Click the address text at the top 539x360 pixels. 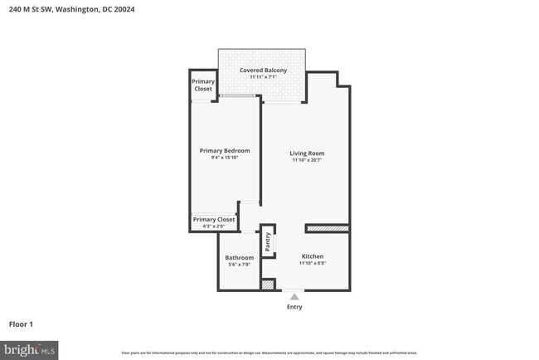pyautogui.click(x=72, y=10)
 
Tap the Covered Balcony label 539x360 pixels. pyautogui.click(x=263, y=71)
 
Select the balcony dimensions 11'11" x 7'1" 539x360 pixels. pyautogui.click(x=263, y=77)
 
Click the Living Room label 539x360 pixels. pyautogui.click(x=306, y=153)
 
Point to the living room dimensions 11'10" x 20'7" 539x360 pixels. pyautogui.click(x=306, y=160)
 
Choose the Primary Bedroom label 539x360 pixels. pyautogui.click(x=224, y=150)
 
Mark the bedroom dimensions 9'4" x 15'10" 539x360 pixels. pyautogui.click(x=224, y=158)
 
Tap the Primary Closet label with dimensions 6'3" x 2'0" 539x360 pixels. pyautogui.click(x=214, y=219)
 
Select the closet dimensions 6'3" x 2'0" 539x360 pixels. pyautogui.click(x=214, y=226)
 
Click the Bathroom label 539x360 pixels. pyautogui.click(x=240, y=257)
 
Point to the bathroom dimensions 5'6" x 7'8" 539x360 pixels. pyautogui.click(x=240, y=265)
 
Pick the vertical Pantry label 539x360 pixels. pyautogui.click(x=268, y=241)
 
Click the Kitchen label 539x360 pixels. pyautogui.click(x=313, y=256)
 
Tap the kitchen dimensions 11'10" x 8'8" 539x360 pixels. pyautogui.click(x=313, y=264)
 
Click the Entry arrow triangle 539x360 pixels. pyautogui.click(x=294, y=295)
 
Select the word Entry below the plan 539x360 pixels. pyautogui.click(x=294, y=307)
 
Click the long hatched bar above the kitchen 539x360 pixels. pyautogui.click(x=327, y=228)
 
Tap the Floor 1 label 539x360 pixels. pyautogui.click(x=21, y=324)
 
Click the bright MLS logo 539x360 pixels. pyautogui.click(x=29, y=350)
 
